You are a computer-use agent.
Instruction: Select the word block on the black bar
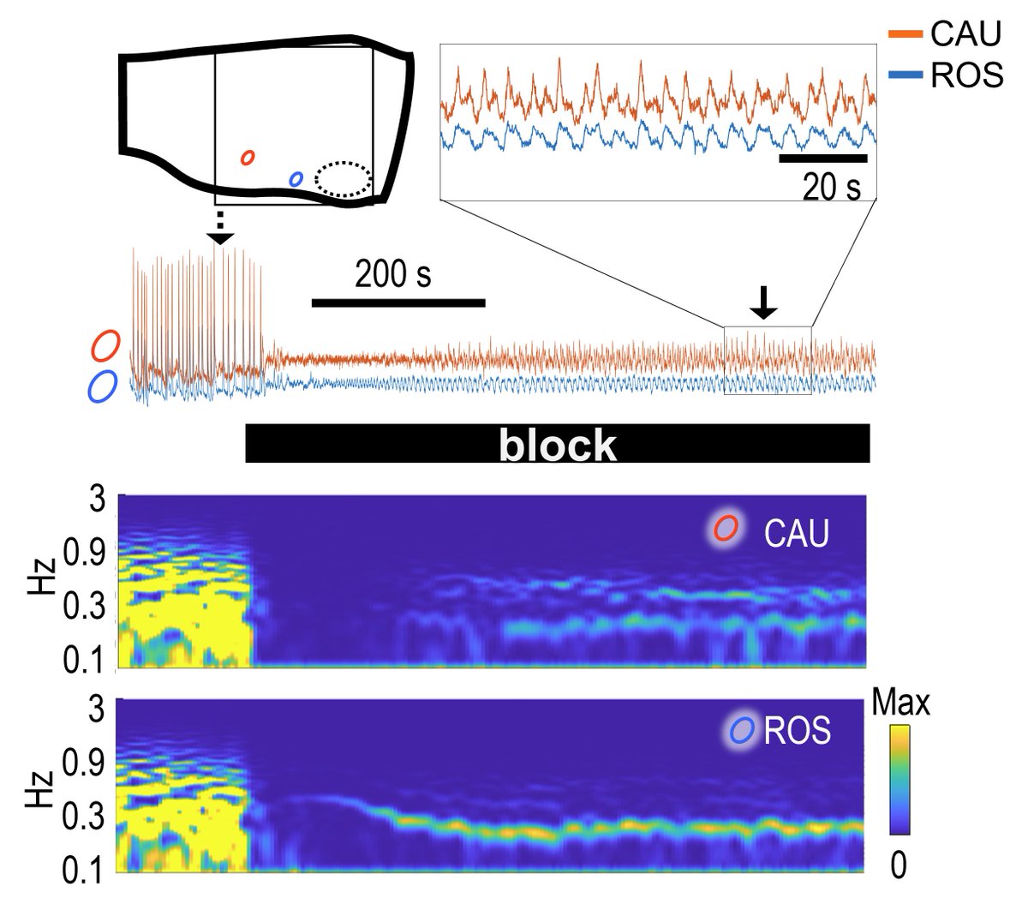558,445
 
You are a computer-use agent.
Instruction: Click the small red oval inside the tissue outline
248,158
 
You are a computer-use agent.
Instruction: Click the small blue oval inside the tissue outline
296,178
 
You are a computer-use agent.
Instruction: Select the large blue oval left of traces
103,386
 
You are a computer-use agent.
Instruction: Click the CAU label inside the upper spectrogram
796,533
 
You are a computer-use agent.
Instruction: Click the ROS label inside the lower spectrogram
796,732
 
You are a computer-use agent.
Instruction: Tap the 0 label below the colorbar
898,866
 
